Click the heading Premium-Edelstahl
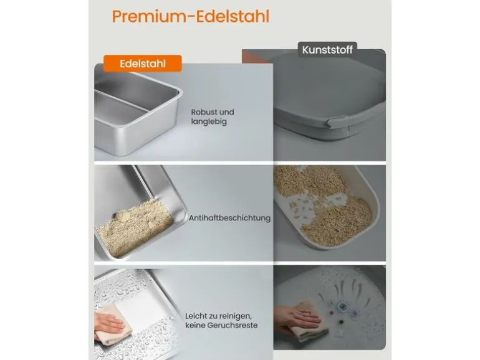point(190,17)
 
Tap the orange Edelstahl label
point(143,64)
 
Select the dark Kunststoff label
point(327,50)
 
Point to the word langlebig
point(209,121)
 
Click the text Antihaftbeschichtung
point(229,218)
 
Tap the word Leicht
point(196,316)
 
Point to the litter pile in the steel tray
point(135,228)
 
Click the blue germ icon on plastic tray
point(342,306)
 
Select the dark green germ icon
point(340,322)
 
